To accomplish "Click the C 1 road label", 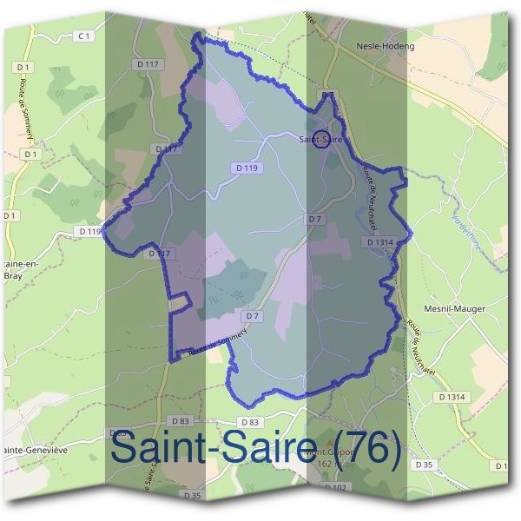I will [x=83, y=36].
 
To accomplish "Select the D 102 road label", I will [x=335, y=488].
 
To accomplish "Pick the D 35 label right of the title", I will [x=424, y=465].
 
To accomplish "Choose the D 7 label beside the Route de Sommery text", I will [x=253, y=315].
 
